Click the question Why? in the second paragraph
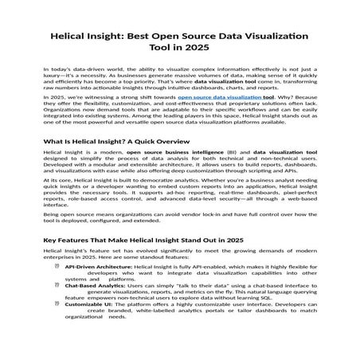click(276, 118)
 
